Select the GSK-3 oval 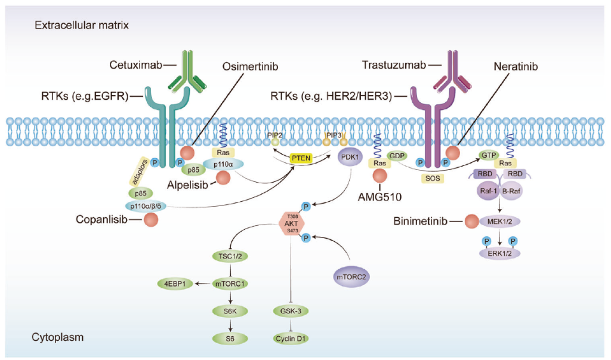290,310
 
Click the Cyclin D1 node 290,338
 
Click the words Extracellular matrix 82,25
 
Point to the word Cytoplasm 57,337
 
